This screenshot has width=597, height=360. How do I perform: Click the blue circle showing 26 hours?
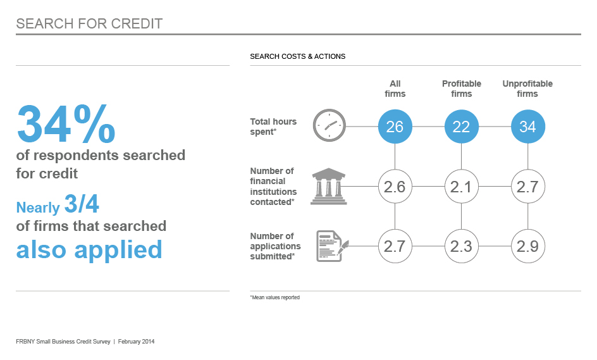(x=395, y=127)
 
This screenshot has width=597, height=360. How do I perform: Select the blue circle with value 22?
(x=462, y=127)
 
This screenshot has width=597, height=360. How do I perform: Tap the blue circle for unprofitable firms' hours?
(x=527, y=127)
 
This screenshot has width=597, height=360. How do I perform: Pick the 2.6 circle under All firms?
(x=395, y=186)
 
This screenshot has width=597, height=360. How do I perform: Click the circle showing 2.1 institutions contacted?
(x=462, y=186)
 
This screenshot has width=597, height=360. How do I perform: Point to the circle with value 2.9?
(x=527, y=246)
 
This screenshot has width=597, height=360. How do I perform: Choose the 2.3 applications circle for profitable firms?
(x=462, y=246)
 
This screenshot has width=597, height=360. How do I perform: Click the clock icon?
(x=329, y=125)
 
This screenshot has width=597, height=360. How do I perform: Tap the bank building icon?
(x=329, y=186)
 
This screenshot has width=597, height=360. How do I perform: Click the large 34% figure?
(x=66, y=124)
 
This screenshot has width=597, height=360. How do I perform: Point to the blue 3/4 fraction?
(x=82, y=204)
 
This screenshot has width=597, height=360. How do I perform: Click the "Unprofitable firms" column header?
(x=527, y=89)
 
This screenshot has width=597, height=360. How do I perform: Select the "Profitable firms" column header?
(x=462, y=89)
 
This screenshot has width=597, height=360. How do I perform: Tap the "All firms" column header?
(x=395, y=89)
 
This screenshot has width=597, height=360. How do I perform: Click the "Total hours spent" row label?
(x=273, y=127)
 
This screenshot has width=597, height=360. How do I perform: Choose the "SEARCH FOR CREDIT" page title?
(x=89, y=23)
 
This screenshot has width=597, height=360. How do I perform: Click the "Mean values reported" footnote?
(x=275, y=297)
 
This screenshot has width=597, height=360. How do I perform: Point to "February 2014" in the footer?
(x=137, y=342)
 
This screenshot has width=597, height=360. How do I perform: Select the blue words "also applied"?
(x=89, y=250)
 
